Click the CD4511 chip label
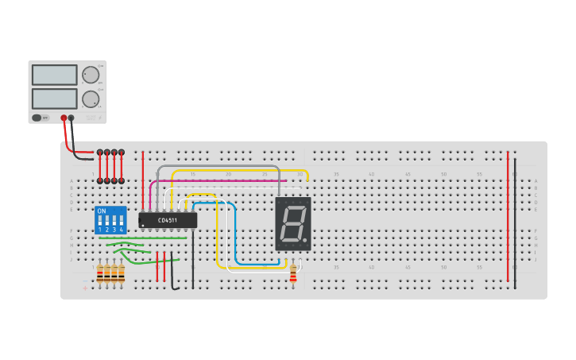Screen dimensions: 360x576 168,220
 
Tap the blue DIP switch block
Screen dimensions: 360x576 110,220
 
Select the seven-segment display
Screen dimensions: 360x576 292,224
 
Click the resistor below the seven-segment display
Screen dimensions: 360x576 293,273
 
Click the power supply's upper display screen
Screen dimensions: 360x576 54,75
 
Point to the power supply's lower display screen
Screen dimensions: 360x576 54,99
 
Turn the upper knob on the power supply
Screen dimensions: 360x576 91,75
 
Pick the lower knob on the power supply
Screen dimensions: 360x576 91,99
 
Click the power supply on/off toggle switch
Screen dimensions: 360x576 37,118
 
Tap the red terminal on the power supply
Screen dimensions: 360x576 64,118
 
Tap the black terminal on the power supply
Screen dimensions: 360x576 72,118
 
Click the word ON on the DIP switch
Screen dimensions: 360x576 101,211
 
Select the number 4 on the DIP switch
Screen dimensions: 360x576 121,230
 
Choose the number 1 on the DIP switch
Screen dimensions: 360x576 100,230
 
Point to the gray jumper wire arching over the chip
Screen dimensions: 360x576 218,167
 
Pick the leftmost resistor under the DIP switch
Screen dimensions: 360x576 100,273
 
